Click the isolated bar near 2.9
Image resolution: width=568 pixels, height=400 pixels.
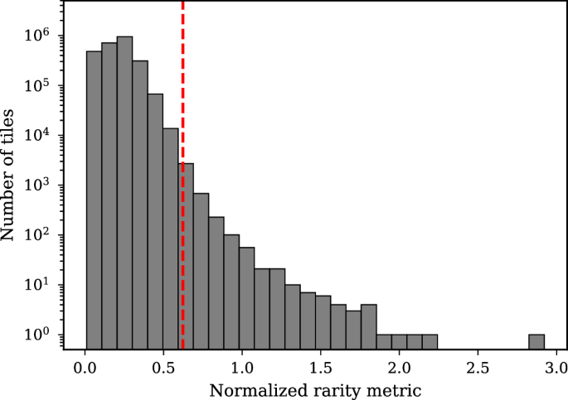[536, 341]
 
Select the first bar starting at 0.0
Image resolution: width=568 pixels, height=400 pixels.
[94, 200]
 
